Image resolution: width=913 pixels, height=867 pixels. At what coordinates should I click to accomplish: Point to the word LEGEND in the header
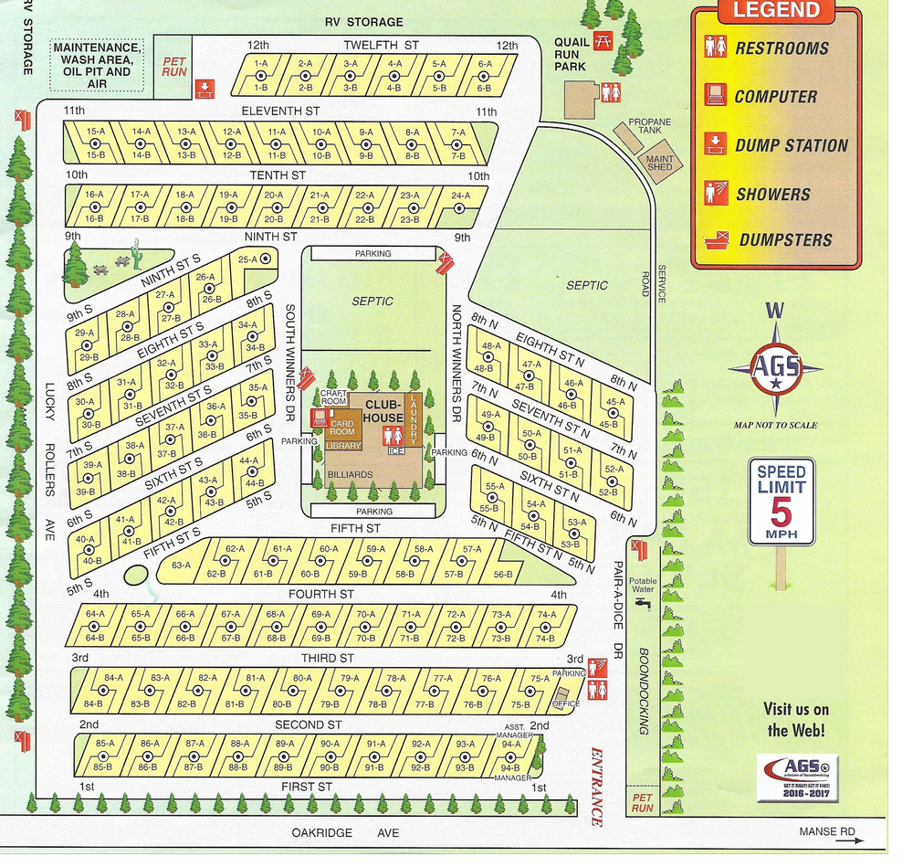pyautogui.click(x=776, y=12)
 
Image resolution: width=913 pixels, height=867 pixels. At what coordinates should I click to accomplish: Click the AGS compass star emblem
pyautogui.click(x=775, y=369)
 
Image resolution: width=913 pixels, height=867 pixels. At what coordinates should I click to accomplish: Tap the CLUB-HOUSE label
pyautogui.click(x=383, y=411)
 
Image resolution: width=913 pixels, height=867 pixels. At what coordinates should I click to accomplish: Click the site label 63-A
pyautogui.click(x=181, y=565)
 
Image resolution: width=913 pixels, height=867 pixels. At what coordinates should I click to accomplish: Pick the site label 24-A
pyautogui.click(x=460, y=196)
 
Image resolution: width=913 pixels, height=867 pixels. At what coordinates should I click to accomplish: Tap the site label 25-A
pyautogui.click(x=247, y=259)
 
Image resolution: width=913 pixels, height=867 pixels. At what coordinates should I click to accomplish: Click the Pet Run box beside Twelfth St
pyautogui.click(x=173, y=66)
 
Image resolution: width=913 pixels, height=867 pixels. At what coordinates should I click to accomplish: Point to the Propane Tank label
pyautogui.click(x=650, y=126)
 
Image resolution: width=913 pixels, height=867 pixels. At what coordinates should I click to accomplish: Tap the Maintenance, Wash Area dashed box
pyautogui.click(x=98, y=65)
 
